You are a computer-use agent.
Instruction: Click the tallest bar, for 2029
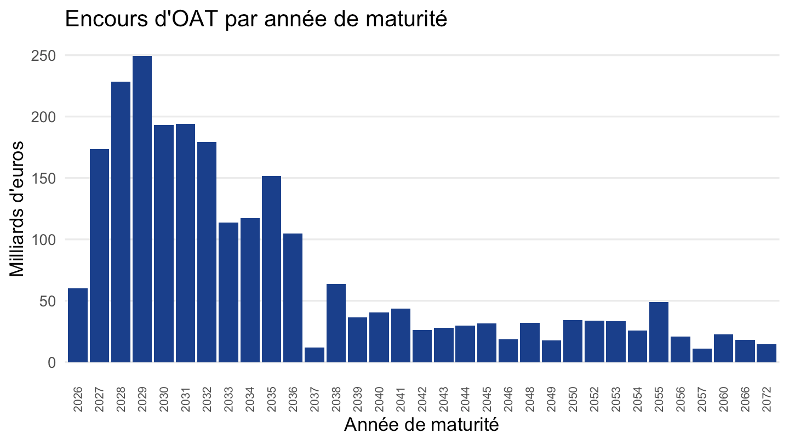pyautogui.click(x=142, y=209)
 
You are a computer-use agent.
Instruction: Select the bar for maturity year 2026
pyautogui.click(x=78, y=325)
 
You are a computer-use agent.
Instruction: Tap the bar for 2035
pyautogui.click(x=272, y=269)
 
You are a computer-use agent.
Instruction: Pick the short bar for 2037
pyautogui.click(x=315, y=355)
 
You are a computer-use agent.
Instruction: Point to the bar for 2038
pyautogui.click(x=336, y=323)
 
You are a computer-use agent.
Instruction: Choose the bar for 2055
pyautogui.click(x=659, y=332)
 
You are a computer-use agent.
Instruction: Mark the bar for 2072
pyautogui.click(x=767, y=353)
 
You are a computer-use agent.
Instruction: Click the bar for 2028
pyautogui.click(x=121, y=222)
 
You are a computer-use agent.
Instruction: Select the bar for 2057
pyautogui.click(x=702, y=356)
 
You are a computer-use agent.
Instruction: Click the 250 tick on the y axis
pyautogui.click(x=43, y=56)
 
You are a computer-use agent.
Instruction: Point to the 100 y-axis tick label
pyautogui.click(x=43, y=240)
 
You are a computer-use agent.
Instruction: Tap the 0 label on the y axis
pyautogui.click(x=52, y=363)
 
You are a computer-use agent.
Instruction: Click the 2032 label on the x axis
pyautogui.click(x=207, y=399)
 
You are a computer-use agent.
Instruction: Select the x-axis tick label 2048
pyautogui.click(x=529, y=399)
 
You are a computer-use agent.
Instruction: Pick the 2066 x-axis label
pyautogui.click(x=745, y=399)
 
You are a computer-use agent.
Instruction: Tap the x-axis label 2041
pyautogui.click(x=401, y=399)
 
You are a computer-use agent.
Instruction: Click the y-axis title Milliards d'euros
pyautogui.click(x=16, y=209)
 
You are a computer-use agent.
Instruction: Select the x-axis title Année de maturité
pyautogui.click(x=422, y=425)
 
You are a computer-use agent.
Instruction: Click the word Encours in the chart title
pyautogui.click(x=106, y=19)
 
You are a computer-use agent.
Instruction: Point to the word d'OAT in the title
pyautogui.click(x=186, y=19)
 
